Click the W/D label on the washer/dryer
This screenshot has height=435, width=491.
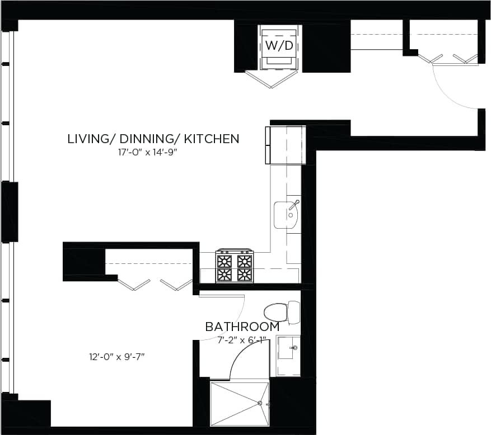(x=279, y=45)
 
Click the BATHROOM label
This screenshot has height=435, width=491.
(x=242, y=327)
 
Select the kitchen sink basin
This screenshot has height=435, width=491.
(x=287, y=215)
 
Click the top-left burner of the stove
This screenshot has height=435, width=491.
(x=224, y=261)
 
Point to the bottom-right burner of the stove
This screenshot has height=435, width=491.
(x=245, y=275)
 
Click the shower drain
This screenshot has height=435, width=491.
(x=260, y=403)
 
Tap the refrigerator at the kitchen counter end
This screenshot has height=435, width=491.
(x=286, y=145)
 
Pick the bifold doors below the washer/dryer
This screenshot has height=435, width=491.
(x=270, y=79)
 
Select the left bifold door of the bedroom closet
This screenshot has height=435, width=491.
(x=134, y=285)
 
